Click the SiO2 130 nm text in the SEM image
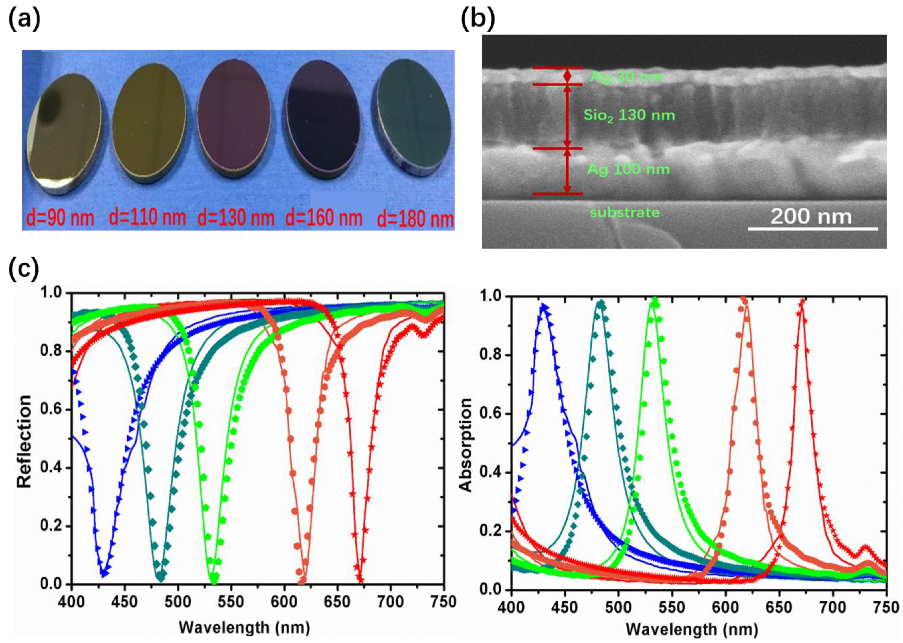pos(629,115)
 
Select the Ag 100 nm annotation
pos(628,169)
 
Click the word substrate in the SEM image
pos(625,213)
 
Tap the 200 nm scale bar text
pos(811,217)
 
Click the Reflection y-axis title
pos(24,441)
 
